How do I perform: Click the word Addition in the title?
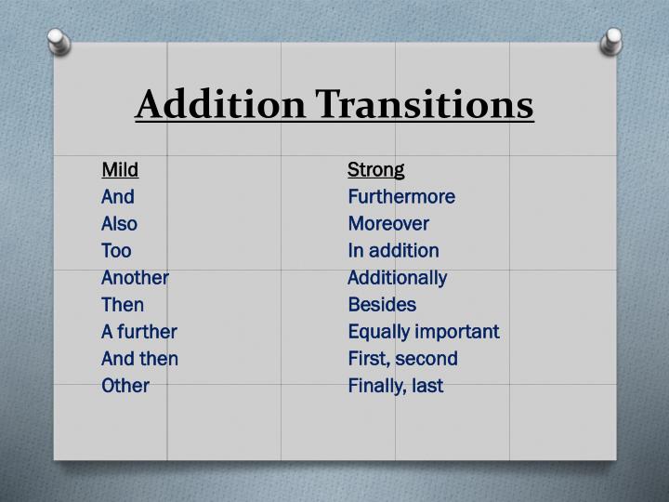tap(219, 105)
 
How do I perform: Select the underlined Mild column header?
tap(120, 169)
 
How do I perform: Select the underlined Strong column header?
tap(376, 169)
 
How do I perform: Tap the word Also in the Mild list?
tap(119, 223)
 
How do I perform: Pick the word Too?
tap(116, 250)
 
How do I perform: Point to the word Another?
tap(135, 277)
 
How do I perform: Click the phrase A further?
tap(139, 331)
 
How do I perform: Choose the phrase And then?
tap(139, 358)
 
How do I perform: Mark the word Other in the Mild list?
tap(125, 385)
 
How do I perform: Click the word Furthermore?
tap(401, 196)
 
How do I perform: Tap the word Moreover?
tap(388, 223)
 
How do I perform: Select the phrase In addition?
tap(393, 250)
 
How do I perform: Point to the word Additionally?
tap(397, 277)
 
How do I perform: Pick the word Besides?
tap(382, 304)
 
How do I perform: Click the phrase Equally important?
tap(423, 331)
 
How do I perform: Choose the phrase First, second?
tap(402, 358)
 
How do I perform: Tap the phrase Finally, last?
tap(395, 385)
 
